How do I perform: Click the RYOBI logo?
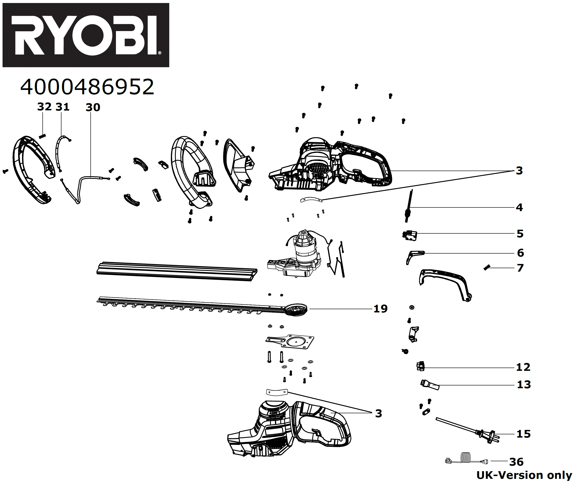pyautogui.click(x=86, y=35)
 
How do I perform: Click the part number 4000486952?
pyautogui.click(x=87, y=87)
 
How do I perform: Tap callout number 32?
pyautogui.click(x=44, y=107)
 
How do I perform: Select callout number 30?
pyautogui.click(x=93, y=107)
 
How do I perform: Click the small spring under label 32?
pyautogui.click(x=42, y=136)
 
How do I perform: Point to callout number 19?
pyautogui.click(x=380, y=309)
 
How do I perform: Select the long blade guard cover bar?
pyautogui.click(x=177, y=271)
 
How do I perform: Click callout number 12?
pyautogui.click(x=523, y=367)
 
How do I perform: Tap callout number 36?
pyautogui.click(x=516, y=462)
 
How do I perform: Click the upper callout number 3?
pyautogui.click(x=519, y=171)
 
